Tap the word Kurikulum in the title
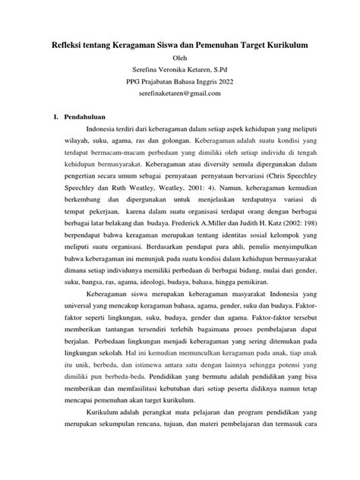coord(283,46)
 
